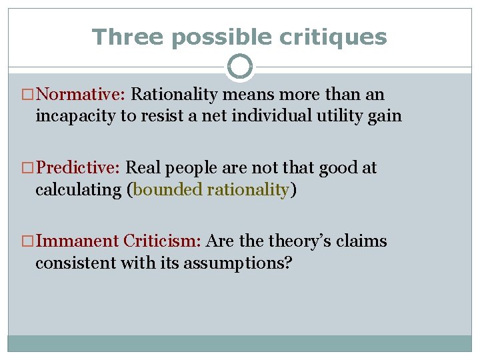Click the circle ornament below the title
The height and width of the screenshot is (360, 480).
pyautogui.click(x=240, y=67)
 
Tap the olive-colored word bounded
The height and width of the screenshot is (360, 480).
pyautogui.click(x=169, y=189)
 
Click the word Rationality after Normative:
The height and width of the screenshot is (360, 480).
pyautogui.click(x=175, y=95)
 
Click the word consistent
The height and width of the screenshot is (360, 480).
pyautogui.click(x=75, y=262)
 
